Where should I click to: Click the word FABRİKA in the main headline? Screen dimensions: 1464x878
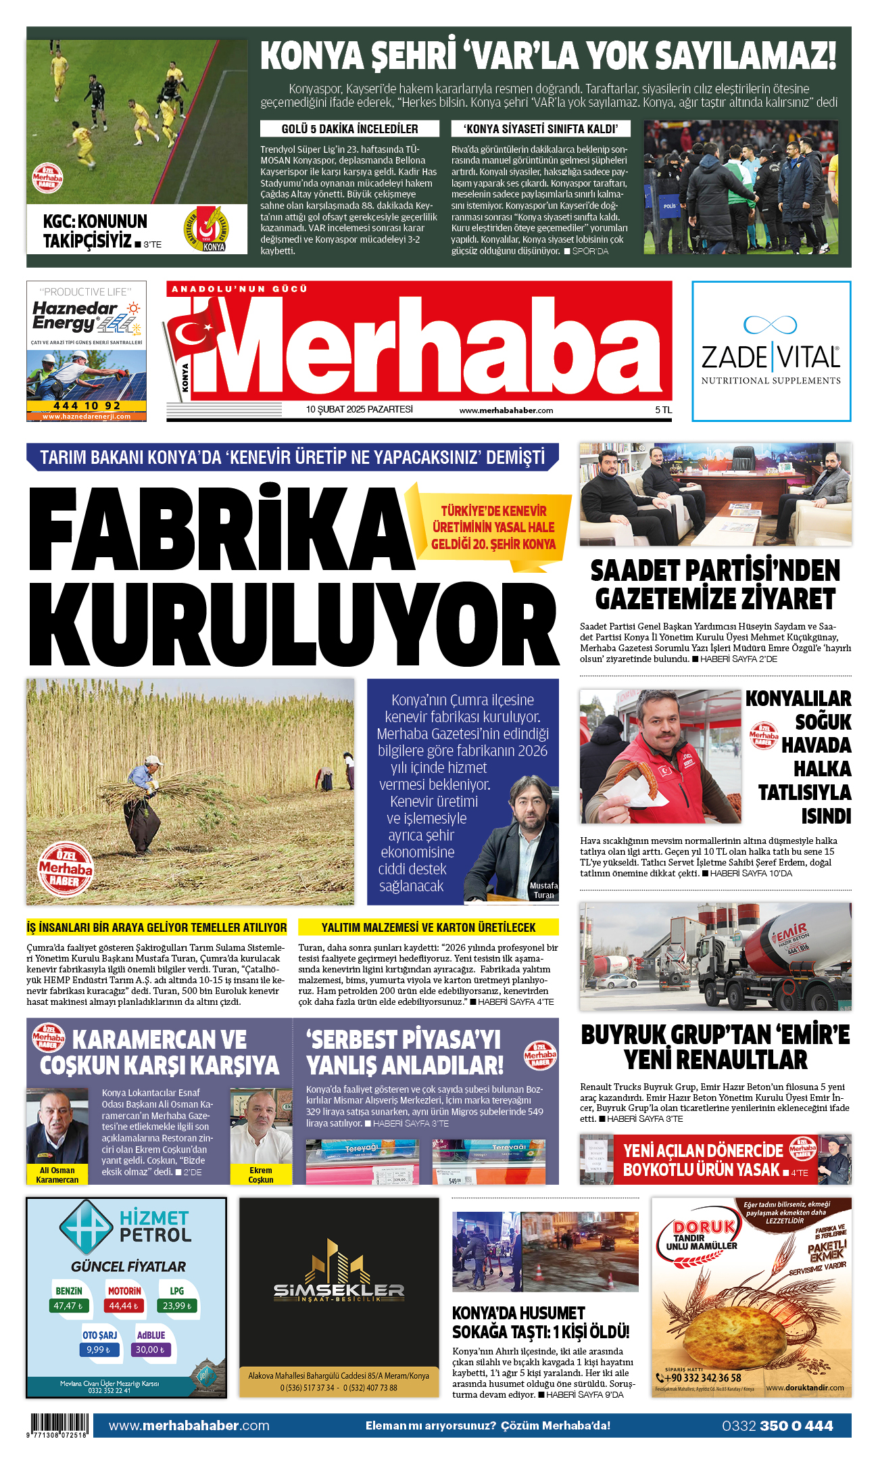(x=220, y=527)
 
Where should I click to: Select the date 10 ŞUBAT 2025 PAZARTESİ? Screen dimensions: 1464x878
(x=359, y=410)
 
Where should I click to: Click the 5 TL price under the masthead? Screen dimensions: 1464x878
(x=663, y=410)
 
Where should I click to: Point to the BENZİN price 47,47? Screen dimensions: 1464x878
(x=68, y=1306)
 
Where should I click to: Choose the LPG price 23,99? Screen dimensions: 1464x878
(x=177, y=1306)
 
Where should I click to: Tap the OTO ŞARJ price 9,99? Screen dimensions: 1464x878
(x=99, y=1349)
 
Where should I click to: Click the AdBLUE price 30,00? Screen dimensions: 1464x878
(x=150, y=1349)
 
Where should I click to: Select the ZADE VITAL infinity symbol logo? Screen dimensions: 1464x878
(x=770, y=325)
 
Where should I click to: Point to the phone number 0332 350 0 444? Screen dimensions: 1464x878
(x=777, y=1426)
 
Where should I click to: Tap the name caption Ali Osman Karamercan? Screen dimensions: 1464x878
(x=57, y=1175)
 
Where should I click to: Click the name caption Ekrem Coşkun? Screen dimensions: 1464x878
(x=261, y=1175)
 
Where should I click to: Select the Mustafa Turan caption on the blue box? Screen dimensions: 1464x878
(x=543, y=890)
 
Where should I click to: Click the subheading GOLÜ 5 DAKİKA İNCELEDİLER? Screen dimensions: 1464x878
(x=349, y=129)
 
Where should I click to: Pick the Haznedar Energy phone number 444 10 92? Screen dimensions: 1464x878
(x=87, y=406)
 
